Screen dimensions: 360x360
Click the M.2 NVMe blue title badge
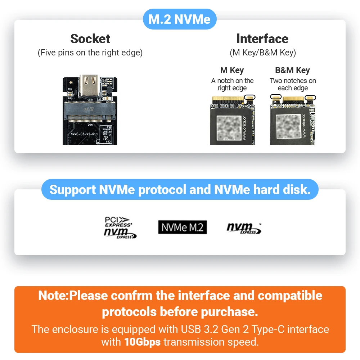179,19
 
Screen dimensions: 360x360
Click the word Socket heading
90,39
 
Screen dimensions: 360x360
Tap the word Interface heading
262,39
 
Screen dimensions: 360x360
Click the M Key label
232,70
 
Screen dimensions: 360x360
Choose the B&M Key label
292,70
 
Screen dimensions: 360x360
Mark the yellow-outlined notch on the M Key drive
249,98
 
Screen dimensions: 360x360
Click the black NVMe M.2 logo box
183,227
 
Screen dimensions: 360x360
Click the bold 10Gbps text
143,341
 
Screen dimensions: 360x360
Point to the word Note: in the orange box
53,296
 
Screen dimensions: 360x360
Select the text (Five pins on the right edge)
90,53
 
